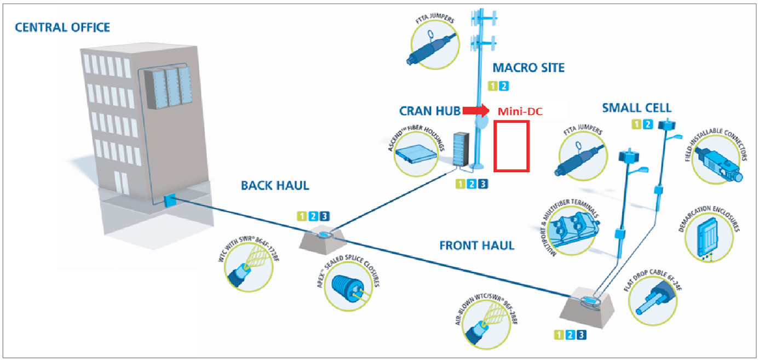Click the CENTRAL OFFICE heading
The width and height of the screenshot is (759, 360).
(62, 27)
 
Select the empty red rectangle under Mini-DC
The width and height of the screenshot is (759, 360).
(511, 145)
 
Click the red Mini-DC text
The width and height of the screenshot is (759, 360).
(520, 111)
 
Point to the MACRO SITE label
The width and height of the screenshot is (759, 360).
(528, 68)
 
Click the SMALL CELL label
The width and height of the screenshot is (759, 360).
(636, 107)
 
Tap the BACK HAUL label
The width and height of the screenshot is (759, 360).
(275, 186)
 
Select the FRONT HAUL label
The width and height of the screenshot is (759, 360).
(477, 245)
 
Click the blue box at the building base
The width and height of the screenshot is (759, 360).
(169, 200)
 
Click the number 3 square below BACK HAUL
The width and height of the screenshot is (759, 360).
(325, 216)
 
